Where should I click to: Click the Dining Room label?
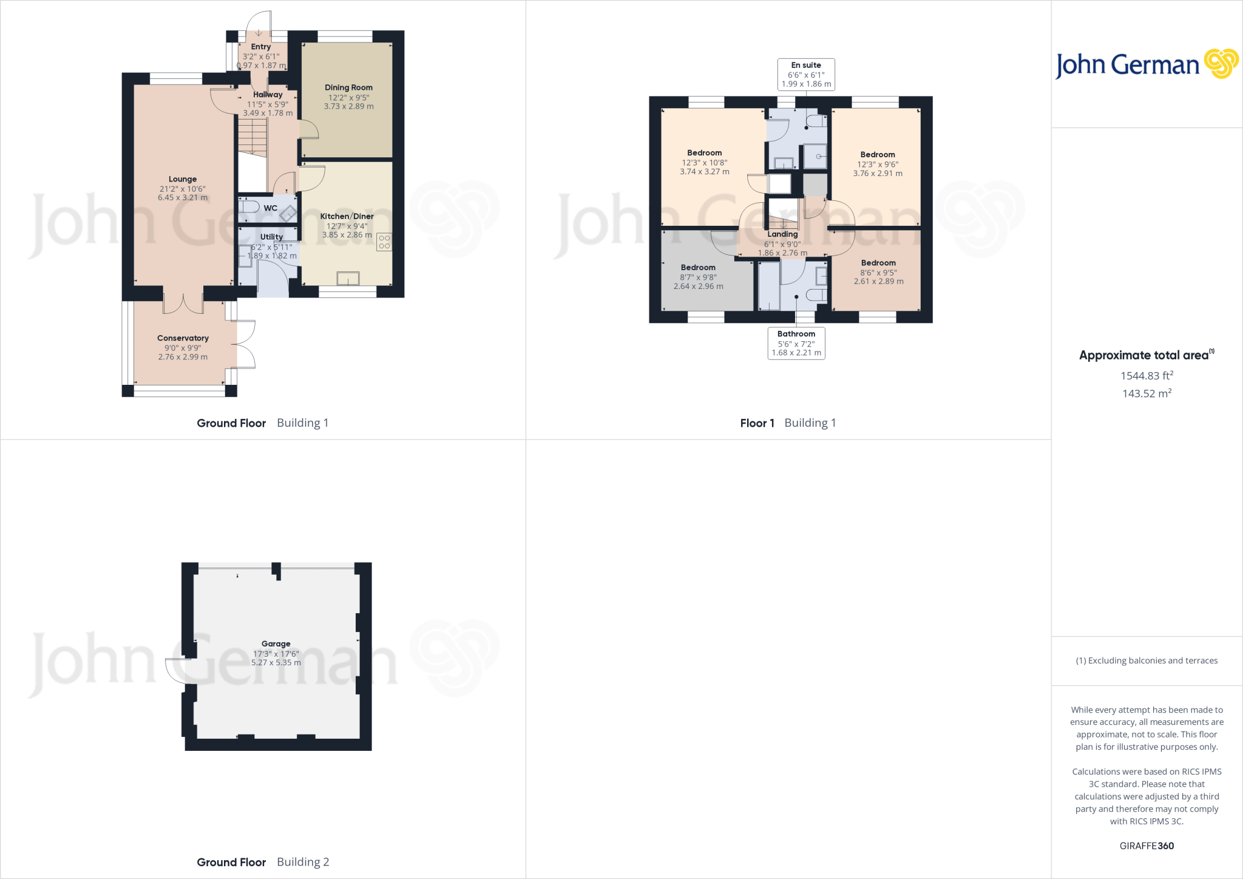pyautogui.click(x=348, y=87)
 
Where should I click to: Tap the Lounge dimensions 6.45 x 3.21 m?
pyautogui.click(x=183, y=197)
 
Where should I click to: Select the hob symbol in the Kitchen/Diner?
pyautogui.click(x=384, y=242)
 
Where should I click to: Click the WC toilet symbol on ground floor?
pyautogui.click(x=249, y=207)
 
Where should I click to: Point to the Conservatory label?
pyautogui.click(x=183, y=338)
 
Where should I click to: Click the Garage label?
pyautogui.click(x=276, y=643)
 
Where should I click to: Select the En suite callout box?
pyautogui.click(x=806, y=75)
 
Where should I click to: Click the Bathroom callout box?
pyautogui.click(x=796, y=343)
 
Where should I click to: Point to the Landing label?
pyautogui.click(x=782, y=234)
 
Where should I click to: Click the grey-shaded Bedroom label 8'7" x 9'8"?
pyautogui.click(x=698, y=268)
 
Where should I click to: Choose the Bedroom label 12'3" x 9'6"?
pyautogui.click(x=878, y=155)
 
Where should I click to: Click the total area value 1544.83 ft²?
pyautogui.click(x=1146, y=376)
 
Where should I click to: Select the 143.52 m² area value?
pyautogui.click(x=1146, y=393)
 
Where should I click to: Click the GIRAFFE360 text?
pyautogui.click(x=1146, y=846)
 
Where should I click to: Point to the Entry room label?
pyautogui.click(x=261, y=47)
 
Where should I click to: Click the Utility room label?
pyautogui.click(x=271, y=237)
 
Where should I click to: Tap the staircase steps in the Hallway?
pyautogui.click(x=252, y=137)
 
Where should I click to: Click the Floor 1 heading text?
pyautogui.click(x=757, y=423)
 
